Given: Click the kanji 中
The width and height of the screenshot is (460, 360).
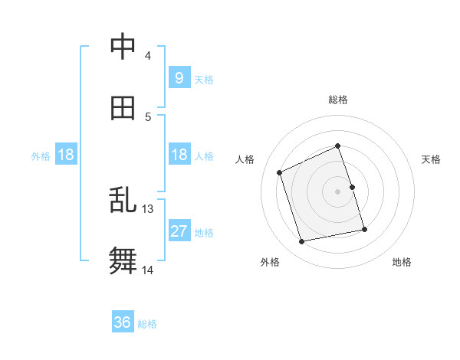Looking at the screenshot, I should [x=123, y=47].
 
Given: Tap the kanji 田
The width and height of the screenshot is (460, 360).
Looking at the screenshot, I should [x=123, y=108].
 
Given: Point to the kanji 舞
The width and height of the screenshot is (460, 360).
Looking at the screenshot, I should [x=123, y=261].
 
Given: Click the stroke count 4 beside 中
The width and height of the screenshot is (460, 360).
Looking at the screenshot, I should [x=147, y=55].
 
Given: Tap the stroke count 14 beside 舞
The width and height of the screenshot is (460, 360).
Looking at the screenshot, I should [x=147, y=270].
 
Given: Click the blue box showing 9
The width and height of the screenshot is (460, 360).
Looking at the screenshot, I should [x=179, y=78].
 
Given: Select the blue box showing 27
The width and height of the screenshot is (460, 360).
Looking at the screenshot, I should [x=179, y=231].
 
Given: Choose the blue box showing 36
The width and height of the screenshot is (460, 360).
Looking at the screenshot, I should [x=123, y=323].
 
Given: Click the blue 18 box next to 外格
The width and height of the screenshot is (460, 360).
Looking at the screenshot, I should [x=66, y=155].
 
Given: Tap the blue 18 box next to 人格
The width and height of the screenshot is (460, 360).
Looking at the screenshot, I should [x=179, y=155].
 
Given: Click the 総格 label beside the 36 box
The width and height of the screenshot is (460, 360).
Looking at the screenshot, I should [x=147, y=324].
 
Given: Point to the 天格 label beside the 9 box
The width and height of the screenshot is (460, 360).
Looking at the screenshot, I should [x=203, y=79].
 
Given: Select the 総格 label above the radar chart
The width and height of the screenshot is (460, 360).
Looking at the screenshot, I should [x=338, y=100].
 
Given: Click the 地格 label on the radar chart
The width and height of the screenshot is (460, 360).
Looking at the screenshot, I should [x=402, y=262].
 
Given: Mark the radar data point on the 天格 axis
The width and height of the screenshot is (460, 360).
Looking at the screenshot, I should [x=352, y=187].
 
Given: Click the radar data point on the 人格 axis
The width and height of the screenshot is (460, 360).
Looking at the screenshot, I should [x=280, y=172].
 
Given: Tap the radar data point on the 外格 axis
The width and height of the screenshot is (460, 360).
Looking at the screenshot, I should [x=302, y=242].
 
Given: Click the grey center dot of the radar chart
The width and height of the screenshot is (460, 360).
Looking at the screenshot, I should [x=338, y=191].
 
